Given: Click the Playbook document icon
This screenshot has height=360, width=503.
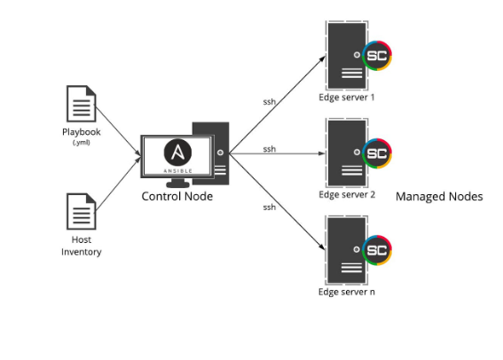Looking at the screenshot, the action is tap(81, 104).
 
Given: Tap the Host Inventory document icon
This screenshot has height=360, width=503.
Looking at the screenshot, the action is tap(81, 211).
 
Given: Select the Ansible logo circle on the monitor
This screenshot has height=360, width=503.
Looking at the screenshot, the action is tap(177, 153).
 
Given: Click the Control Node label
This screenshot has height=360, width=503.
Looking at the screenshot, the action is tap(177, 196).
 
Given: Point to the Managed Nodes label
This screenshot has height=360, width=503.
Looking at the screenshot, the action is tap(439, 196).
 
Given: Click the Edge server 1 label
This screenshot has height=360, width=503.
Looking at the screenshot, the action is tap(347, 98).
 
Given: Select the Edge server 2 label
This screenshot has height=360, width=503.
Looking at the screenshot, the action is tap(347, 194).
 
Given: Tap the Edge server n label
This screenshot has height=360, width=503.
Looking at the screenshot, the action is tap(347, 292).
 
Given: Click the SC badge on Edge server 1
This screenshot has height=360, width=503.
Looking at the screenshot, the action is tap(377, 56).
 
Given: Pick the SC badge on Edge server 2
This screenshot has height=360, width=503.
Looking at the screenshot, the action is tap(377, 153).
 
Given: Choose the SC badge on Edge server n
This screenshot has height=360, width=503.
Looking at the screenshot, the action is tap(377, 250).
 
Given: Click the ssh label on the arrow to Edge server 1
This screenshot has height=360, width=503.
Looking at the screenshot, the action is tap(270, 102).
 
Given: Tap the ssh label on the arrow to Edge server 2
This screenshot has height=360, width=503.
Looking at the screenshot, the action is tap(270, 149).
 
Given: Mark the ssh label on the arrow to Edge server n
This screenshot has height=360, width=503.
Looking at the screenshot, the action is tap(270, 207).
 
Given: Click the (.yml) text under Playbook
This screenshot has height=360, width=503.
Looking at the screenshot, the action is tap(81, 143).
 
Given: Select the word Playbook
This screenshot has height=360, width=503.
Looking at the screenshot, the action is tap(81, 132).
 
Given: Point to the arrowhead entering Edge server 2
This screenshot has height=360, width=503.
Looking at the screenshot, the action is tap(322, 153).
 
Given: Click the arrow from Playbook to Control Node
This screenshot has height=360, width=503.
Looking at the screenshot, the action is tap(118, 131).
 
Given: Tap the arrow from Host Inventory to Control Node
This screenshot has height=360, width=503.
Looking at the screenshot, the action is tap(118, 184).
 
